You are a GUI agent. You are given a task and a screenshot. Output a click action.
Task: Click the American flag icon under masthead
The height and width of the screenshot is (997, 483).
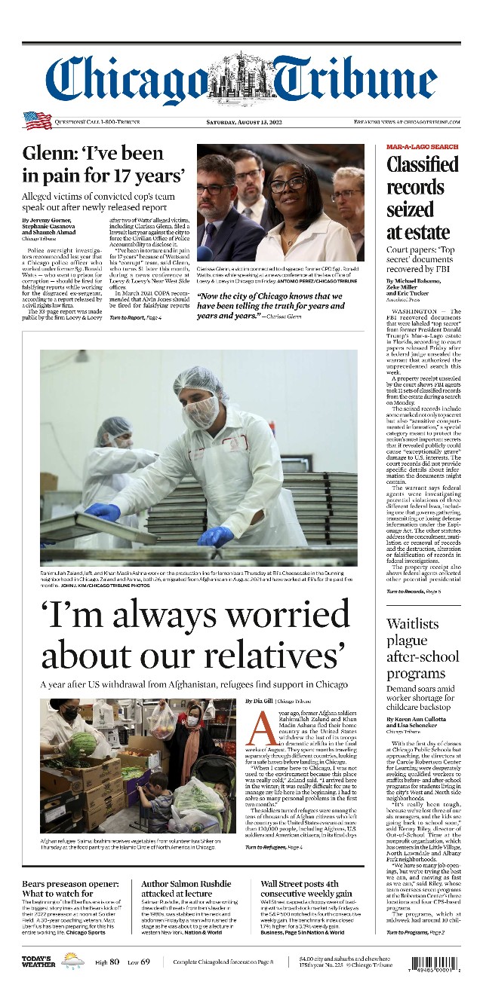click(x=36, y=121)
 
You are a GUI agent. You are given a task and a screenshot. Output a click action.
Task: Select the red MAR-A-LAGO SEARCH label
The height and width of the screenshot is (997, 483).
click(x=422, y=146)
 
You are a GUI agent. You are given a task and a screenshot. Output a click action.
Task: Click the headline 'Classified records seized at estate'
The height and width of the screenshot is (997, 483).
click(x=422, y=197)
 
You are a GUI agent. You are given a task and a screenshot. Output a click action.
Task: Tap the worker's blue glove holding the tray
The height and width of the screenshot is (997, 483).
click(x=216, y=537)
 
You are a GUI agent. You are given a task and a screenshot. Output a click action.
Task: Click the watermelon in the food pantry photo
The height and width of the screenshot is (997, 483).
click(x=84, y=744)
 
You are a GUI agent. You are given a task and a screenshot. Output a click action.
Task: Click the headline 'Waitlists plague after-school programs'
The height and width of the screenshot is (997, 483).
click(x=422, y=649)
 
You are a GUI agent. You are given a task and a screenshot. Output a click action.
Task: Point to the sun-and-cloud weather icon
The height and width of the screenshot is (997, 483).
click(x=73, y=961)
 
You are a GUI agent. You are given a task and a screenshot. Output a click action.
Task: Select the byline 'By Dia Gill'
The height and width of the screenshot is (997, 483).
click(x=262, y=701)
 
